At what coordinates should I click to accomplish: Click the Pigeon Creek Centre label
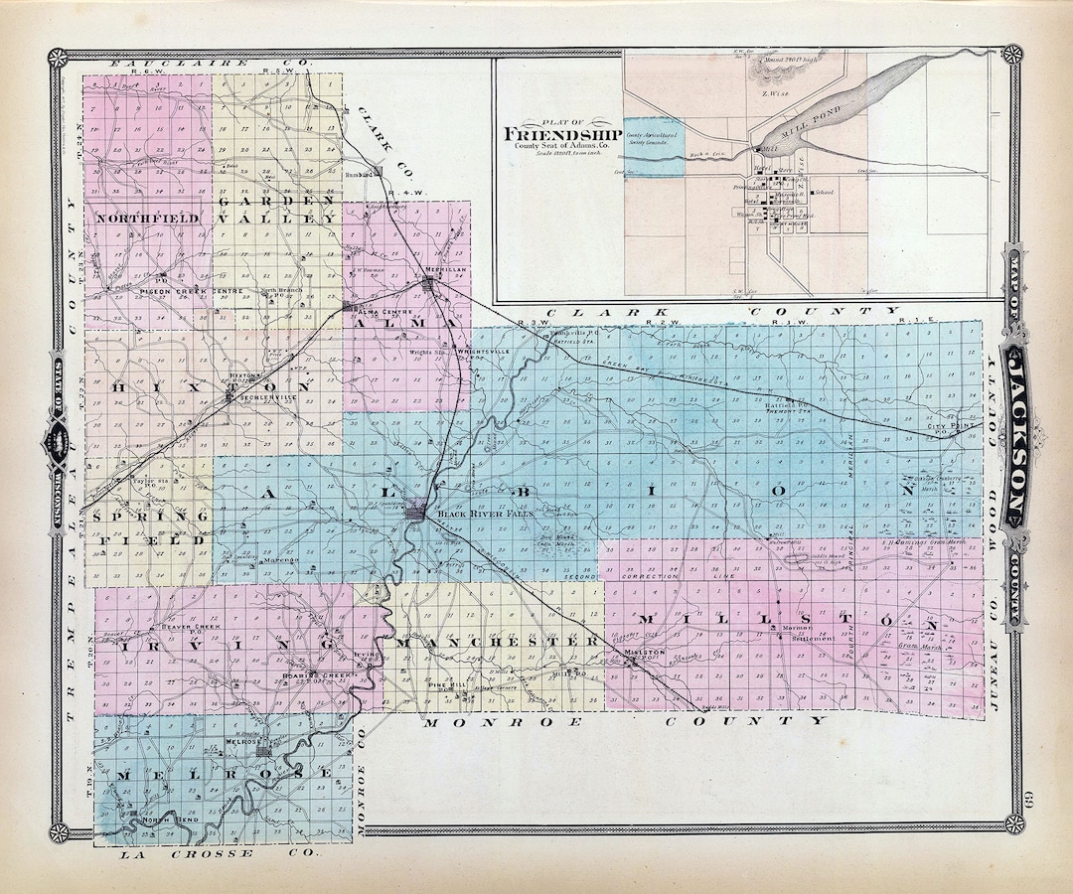tap(166, 290)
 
